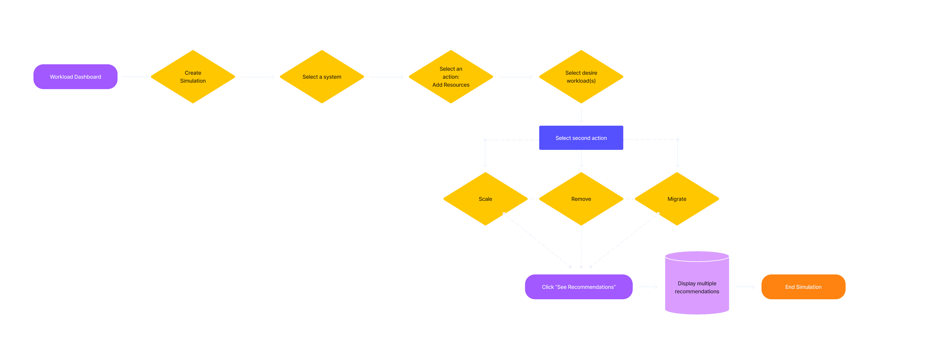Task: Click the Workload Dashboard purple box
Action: coord(75,77)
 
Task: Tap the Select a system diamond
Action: coord(322,77)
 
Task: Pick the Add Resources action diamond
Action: coord(451,77)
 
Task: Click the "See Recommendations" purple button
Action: coord(578,287)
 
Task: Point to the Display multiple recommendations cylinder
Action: coord(697,287)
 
